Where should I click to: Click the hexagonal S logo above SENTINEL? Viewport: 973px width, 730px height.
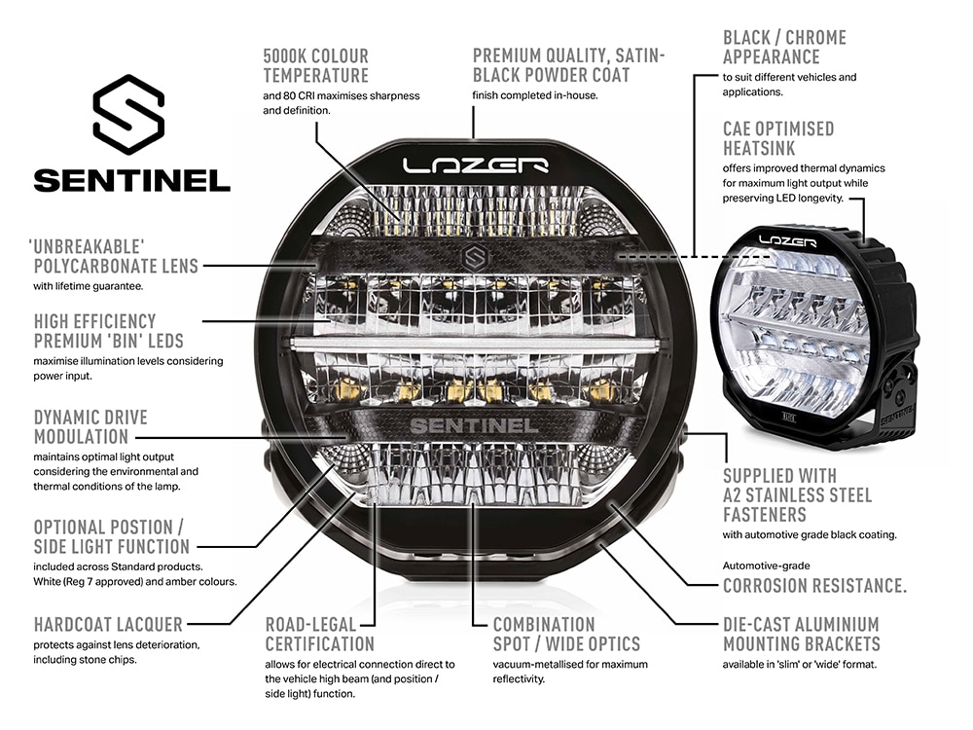click(128, 114)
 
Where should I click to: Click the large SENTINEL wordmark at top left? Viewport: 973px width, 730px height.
click(131, 181)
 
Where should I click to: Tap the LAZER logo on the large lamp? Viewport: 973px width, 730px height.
click(476, 165)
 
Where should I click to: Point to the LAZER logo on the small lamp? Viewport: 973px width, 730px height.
click(787, 240)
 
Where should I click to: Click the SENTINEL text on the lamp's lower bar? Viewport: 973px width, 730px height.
click(474, 426)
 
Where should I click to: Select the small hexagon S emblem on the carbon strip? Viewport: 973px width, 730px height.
click(475, 257)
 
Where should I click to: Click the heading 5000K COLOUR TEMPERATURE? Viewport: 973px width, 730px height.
click(315, 66)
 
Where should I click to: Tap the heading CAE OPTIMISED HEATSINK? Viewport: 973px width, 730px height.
click(778, 138)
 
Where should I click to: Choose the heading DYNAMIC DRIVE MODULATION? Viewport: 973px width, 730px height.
click(90, 427)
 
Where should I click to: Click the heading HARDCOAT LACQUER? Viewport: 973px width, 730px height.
click(108, 625)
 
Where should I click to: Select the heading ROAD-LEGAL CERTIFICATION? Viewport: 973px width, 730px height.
click(319, 635)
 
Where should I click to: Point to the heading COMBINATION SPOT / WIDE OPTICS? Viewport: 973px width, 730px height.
click(566, 635)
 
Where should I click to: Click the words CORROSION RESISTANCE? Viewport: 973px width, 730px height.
click(814, 585)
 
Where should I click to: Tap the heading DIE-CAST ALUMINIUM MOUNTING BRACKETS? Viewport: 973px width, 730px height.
click(801, 635)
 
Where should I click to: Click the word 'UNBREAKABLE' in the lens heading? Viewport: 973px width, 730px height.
click(87, 246)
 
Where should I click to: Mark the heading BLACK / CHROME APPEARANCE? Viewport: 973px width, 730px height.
click(784, 47)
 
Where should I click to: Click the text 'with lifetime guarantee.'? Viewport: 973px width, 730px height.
click(89, 286)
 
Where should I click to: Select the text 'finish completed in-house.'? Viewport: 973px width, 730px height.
click(535, 95)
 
